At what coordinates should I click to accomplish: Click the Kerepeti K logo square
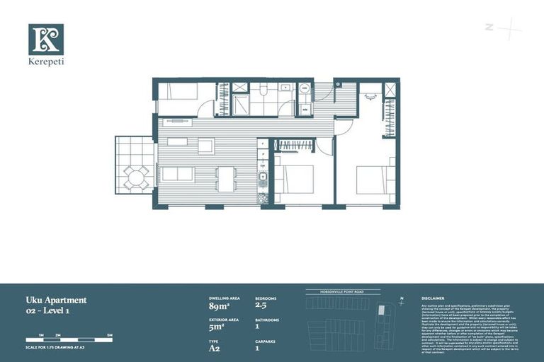pyautogui.click(x=46, y=40)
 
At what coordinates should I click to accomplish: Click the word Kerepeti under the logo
pyautogui.click(x=46, y=62)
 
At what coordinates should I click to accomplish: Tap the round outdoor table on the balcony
pyautogui.click(x=136, y=176)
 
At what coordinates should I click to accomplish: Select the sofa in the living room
pyautogui.click(x=178, y=174)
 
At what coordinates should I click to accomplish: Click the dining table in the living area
pyautogui.click(x=225, y=178)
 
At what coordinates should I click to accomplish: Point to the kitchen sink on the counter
pyautogui.click(x=262, y=178)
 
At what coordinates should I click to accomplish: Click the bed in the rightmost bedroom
pyautogui.click(x=376, y=180)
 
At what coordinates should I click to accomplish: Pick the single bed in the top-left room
pyautogui.click(x=177, y=91)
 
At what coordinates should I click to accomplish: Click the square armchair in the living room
pyautogui.click(x=205, y=146)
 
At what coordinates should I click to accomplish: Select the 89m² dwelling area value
pyautogui.click(x=218, y=307)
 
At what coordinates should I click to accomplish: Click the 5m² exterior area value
pyautogui.click(x=216, y=327)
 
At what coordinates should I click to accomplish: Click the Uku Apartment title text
pyautogui.click(x=56, y=300)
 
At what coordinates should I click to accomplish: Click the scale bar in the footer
pyautogui.click(x=69, y=340)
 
